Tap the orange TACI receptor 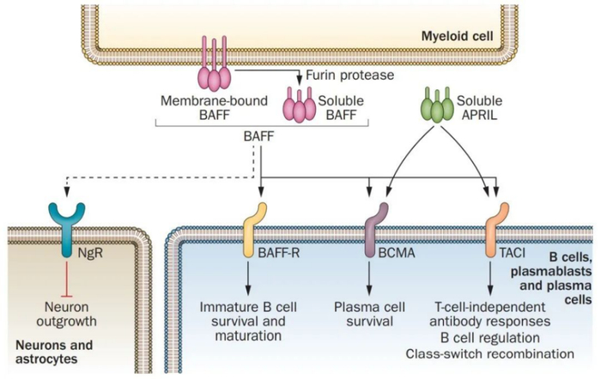pyautogui.click(x=494, y=226)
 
